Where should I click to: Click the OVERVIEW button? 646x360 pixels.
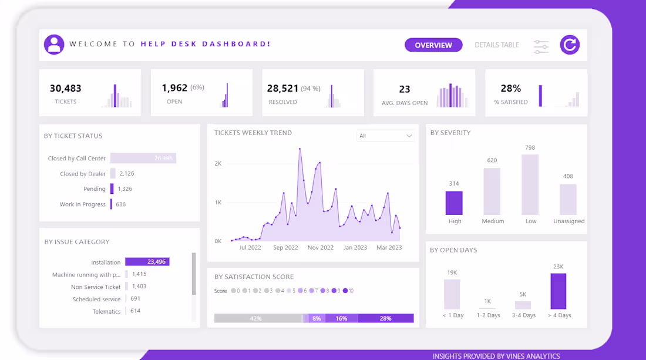point(433,45)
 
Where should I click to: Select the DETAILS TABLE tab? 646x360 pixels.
point(497,45)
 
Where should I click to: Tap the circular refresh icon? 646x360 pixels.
point(569,45)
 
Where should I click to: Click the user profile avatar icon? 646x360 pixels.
point(54,45)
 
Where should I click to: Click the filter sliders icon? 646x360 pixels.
point(541,47)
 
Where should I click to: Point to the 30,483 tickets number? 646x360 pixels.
point(65,89)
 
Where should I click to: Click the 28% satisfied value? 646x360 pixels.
point(510,89)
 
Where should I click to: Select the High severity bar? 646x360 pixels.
point(454,203)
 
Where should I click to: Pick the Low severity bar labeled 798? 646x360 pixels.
point(530,184)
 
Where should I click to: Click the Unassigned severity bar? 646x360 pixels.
point(568,200)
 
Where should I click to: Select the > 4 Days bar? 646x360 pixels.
point(558,291)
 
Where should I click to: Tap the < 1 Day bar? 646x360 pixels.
point(452,294)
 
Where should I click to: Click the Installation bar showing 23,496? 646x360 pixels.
point(147,262)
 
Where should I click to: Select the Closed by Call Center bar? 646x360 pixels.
point(143,159)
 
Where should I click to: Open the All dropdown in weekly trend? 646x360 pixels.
point(385,136)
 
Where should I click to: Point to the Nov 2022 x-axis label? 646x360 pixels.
point(321,248)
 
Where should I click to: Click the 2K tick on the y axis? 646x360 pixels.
point(217,164)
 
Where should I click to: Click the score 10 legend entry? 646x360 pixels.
point(348,291)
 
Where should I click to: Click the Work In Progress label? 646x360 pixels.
point(82,204)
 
